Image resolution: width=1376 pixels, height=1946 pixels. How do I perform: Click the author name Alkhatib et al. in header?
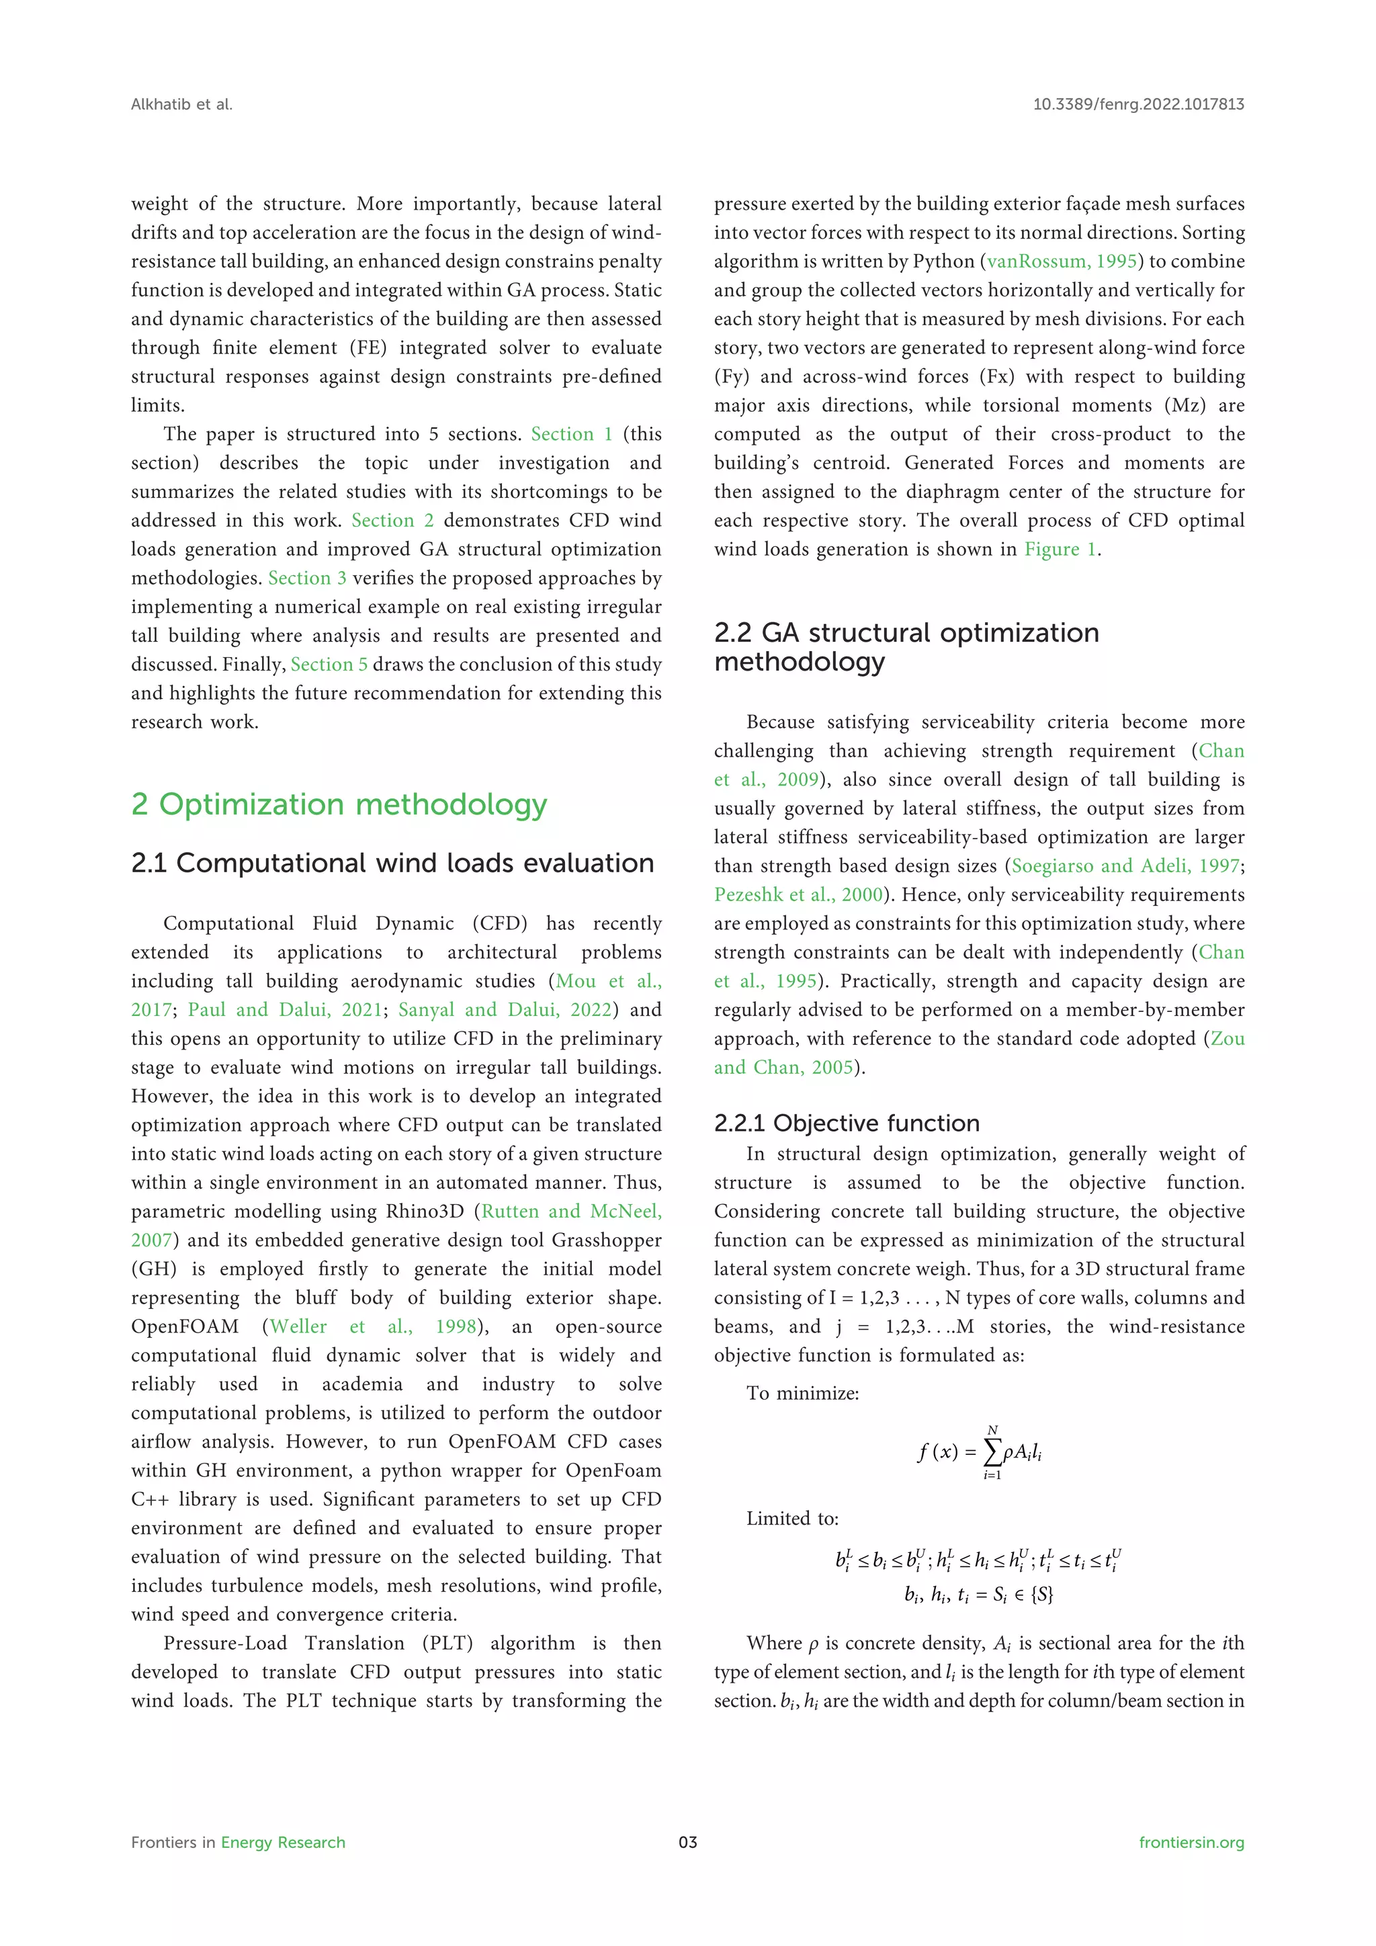point(181,104)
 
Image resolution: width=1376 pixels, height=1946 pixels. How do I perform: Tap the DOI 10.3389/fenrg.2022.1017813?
point(1138,104)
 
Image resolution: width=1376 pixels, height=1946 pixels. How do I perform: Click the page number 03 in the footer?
point(687,1842)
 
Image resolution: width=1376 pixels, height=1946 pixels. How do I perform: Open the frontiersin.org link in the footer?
point(1191,1842)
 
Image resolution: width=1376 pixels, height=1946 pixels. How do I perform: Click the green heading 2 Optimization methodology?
point(339,804)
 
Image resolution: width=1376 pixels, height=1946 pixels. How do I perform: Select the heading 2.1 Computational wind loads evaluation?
point(392,863)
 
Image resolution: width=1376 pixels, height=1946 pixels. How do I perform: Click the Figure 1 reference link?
point(1061,549)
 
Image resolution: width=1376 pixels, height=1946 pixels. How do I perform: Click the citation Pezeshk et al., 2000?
point(798,895)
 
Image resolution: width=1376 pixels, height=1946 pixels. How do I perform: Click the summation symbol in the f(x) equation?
point(991,1453)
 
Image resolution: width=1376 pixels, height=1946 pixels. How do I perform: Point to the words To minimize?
point(802,1394)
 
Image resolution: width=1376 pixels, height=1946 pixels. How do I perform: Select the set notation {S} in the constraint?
point(1042,1595)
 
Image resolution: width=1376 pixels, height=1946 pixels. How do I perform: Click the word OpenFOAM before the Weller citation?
point(185,1326)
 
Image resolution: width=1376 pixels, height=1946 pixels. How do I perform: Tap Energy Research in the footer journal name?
point(283,1842)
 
